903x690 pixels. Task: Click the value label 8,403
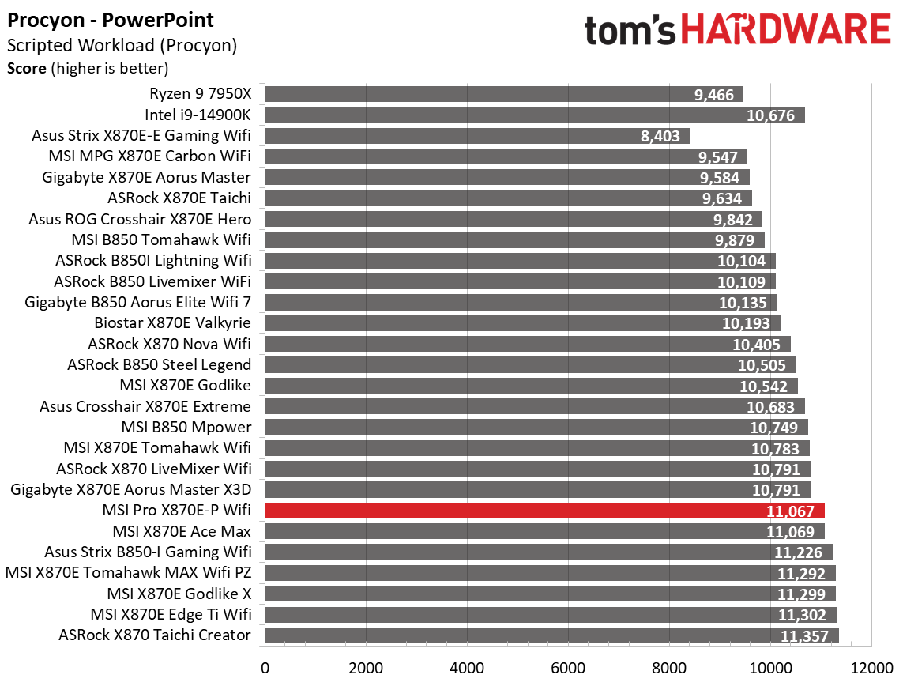tap(660, 136)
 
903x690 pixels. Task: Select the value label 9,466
tap(715, 95)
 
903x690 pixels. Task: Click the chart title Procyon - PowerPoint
tap(110, 20)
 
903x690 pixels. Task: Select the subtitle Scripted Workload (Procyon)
tap(122, 46)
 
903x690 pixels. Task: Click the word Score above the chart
tap(26, 68)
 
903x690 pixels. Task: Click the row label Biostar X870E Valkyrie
tap(172, 323)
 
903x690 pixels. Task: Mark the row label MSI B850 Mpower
tap(186, 428)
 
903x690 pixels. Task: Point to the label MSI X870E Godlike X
tap(179, 594)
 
